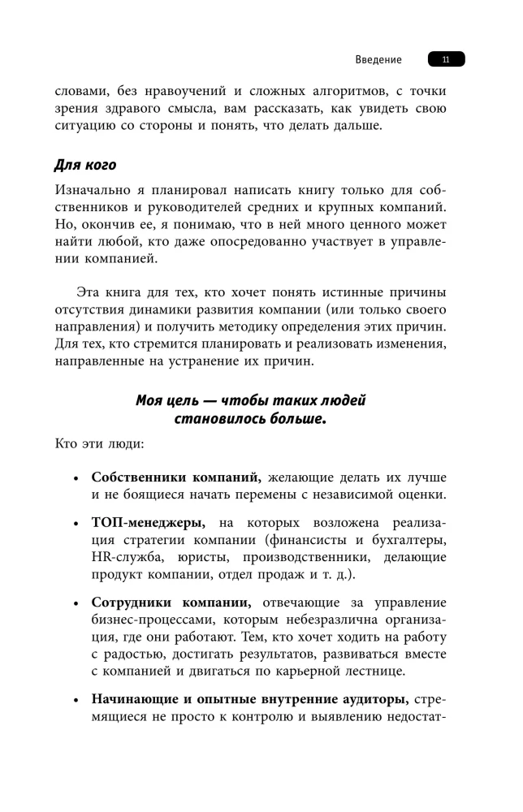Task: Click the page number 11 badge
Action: click(x=446, y=60)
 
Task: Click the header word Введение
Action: click(x=378, y=60)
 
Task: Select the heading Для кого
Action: click(x=85, y=165)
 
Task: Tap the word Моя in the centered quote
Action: click(x=149, y=400)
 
